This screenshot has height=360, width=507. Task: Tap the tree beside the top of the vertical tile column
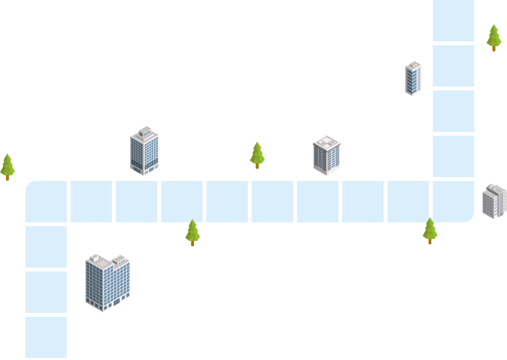pyautogui.click(x=493, y=37)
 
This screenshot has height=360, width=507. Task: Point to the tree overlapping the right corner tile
pyautogui.click(x=429, y=230)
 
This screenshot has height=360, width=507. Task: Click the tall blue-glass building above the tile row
pyautogui.click(x=144, y=151)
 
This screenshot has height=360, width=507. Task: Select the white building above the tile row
pyautogui.click(x=327, y=155)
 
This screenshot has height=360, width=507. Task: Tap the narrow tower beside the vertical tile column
pyautogui.click(x=413, y=78)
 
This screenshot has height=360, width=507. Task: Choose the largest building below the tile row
pyautogui.click(x=107, y=282)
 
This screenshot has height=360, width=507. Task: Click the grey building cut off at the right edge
pyautogui.click(x=495, y=200)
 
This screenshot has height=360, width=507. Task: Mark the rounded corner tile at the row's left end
pyautogui.click(x=47, y=202)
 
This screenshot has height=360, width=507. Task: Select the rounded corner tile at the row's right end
pyautogui.click(x=453, y=202)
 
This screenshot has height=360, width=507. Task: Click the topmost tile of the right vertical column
pyautogui.click(x=453, y=20)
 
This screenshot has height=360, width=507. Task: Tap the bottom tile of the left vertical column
pyautogui.click(x=47, y=337)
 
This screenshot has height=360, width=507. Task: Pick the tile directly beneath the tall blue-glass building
pyautogui.click(x=136, y=202)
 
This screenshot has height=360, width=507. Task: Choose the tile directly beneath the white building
pyautogui.click(x=318, y=202)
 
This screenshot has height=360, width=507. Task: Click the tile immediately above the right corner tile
pyautogui.click(x=453, y=156)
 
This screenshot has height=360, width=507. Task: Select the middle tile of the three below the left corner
pyautogui.click(x=47, y=291)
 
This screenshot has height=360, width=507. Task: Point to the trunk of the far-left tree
pyautogui.click(x=7, y=176)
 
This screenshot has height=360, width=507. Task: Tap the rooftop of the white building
pyautogui.click(x=327, y=142)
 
